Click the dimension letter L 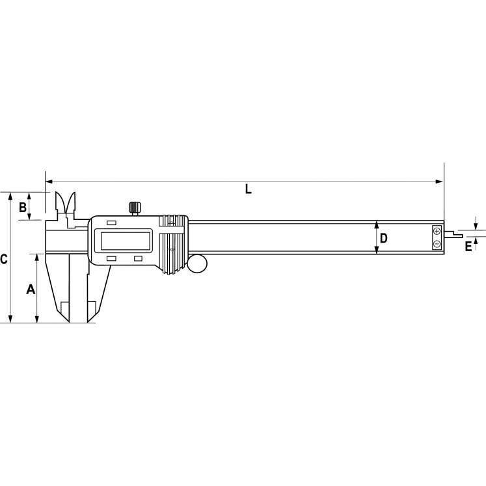(x=249, y=189)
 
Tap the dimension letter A (x=31, y=289)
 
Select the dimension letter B (x=23, y=208)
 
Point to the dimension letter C (x=3, y=259)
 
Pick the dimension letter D (x=383, y=238)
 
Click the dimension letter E (x=468, y=247)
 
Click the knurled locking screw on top (x=135, y=207)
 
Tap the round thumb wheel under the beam (x=197, y=263)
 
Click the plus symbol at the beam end (x=437, y=231)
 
